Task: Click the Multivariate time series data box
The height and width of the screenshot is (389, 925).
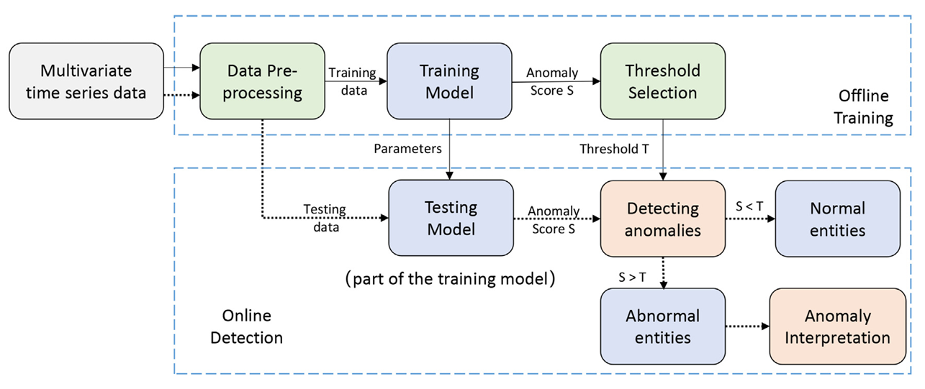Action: click(86, 81)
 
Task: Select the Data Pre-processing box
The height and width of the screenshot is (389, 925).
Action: click(262, 81)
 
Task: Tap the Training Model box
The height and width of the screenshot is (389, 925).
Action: click(449, 81)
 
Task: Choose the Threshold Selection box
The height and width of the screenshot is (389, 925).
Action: click(663, 81)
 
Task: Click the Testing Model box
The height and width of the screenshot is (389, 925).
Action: click(451, 218)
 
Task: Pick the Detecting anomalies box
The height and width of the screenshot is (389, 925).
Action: click(663, 219)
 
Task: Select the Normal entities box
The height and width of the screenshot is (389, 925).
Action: click(837, 219)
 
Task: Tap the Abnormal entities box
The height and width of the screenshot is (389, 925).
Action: click(663, 326)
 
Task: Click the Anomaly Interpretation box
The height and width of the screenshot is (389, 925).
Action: click(837, 326)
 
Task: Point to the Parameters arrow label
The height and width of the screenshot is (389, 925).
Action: click(407, 149)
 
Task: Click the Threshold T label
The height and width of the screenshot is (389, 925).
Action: click(614, 149)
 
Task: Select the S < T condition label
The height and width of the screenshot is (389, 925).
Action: click(749, 206)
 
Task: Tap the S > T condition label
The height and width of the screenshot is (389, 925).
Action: click(632, 278)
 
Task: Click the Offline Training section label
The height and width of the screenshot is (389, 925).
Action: click(864, 107)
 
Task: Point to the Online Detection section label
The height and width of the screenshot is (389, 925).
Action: click(246, 326)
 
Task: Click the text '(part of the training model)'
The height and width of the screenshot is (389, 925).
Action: click(450, 279)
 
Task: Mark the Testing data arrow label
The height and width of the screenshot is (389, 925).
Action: click(325, 218)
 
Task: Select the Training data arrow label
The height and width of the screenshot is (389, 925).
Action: click(353, 81)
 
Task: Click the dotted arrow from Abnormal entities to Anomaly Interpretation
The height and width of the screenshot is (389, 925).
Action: click(747, 326)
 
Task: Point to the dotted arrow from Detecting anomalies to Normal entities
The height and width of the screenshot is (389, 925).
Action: click(750, 219)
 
